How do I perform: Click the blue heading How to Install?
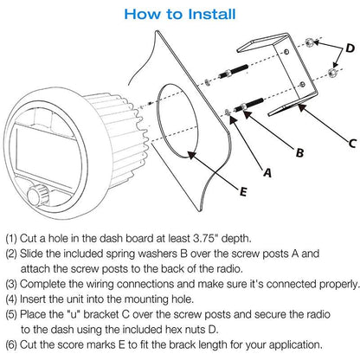pos(180,14)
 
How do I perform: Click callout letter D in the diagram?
pos(350,48)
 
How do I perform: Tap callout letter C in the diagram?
pos(352,143)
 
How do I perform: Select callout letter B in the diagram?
pos(300,152)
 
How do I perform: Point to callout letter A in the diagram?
pos(267,172)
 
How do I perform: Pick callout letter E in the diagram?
pos(243,191)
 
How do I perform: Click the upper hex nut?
pos(310,42)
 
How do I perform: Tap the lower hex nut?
pos(333,72)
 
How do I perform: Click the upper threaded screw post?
pos(233,72)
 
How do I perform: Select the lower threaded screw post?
pos(248,105)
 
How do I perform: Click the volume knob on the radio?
pos(38,195)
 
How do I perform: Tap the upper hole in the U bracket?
pos(286,52)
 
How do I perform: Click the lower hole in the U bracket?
pos(302,85)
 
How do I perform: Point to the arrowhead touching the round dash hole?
pos(192,156)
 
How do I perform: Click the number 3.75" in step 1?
pos(204,238)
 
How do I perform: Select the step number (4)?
pos(11,299)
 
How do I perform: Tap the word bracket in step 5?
pos(101,314)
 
